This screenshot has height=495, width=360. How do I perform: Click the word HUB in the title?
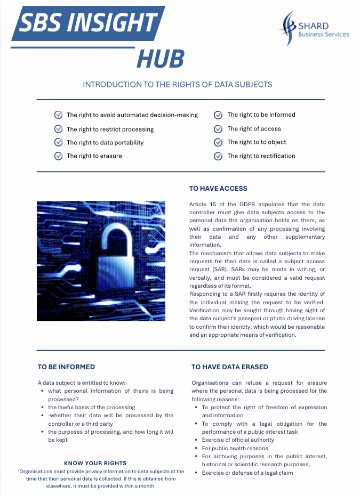click(161, 59)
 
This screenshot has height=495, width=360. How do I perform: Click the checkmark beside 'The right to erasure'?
click(58, 156)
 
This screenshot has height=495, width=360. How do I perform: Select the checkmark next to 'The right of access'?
click(218, 129)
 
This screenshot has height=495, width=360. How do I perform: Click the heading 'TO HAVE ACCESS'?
click(218, 188)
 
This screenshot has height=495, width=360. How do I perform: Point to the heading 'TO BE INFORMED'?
click(66, 367)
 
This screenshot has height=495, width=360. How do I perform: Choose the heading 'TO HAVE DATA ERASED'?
click(229, 367)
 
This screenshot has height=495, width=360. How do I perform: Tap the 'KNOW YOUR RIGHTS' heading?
click(95, 463)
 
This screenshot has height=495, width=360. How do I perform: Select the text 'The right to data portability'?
click(105, 142)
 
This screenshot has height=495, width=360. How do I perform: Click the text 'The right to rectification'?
click(261, 156)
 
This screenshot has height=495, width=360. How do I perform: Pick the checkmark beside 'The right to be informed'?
click(218, 115)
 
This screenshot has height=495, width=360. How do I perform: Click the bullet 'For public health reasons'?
click(235, 448)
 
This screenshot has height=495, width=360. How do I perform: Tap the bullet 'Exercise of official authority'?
click(238, 440)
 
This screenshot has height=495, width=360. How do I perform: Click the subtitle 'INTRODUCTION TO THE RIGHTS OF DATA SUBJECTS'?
click(178, 84)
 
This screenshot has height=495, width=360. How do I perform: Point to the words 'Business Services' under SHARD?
click(323, 34)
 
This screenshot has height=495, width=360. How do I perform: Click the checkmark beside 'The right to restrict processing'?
click(58, 129)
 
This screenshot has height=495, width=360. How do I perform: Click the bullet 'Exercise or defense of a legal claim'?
click(247, 473)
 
